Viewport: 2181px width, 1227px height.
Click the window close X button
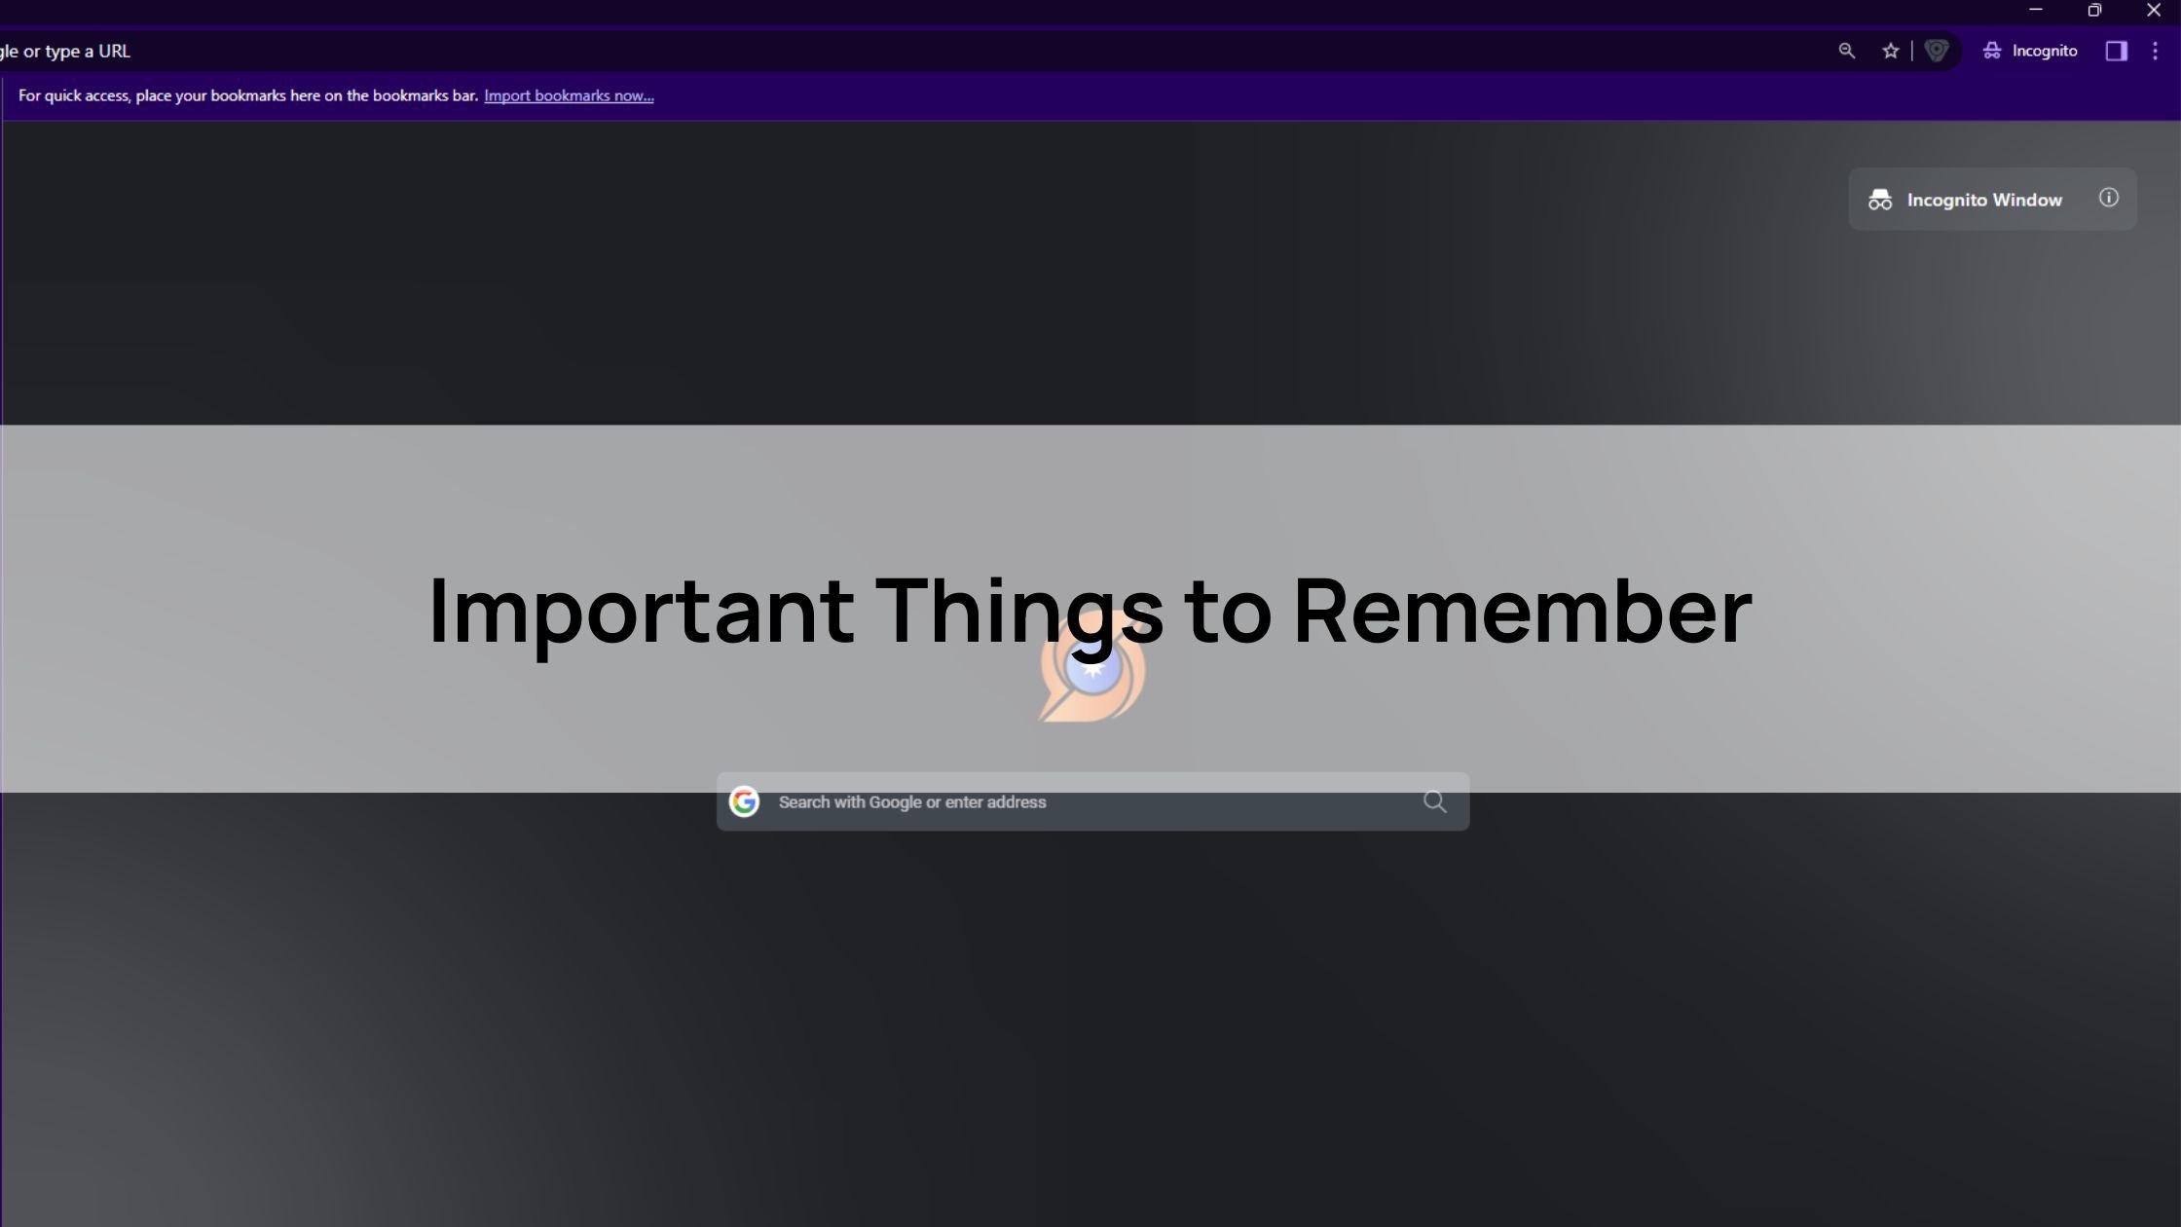click(2153, 10)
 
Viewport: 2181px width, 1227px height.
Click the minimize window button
click(2035, 10)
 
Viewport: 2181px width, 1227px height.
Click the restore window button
click(2094, 10)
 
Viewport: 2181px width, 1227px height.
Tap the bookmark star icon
click(1890, 51)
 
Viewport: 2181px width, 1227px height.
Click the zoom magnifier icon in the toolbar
click(1846, 51)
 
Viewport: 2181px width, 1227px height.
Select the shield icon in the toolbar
click(1936, 51)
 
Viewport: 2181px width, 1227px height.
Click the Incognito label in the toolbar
click(2044, 51)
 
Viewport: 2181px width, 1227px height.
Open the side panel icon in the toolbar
click(2116, 51)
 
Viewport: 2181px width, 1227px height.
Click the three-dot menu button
click(2155, 51)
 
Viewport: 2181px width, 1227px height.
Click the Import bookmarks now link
click(569, 95)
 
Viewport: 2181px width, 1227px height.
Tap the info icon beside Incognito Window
click(2108, 198)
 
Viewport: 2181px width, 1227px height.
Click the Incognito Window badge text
click(1984, 200)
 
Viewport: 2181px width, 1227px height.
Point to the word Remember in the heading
click(1522, 611)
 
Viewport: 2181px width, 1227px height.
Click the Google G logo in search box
click(744, 801)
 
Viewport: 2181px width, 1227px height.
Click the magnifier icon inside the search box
click(1434, 801)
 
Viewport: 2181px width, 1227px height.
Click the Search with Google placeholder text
click(912, 802)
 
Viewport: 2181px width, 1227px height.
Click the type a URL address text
click(87, 52)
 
